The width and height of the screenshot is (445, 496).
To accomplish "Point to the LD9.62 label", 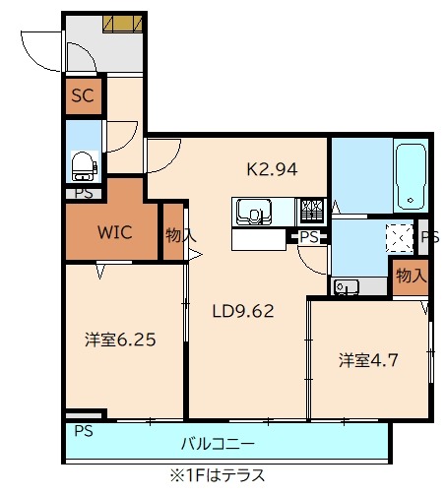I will [x=243, y=312].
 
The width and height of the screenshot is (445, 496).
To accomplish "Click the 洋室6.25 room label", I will [x=118, y=340].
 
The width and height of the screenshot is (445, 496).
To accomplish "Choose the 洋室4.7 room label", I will [x=367, y=360].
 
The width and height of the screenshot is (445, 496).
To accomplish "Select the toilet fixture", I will [x=83, y=164].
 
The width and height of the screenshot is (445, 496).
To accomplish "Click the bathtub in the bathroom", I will [x=409, y=175].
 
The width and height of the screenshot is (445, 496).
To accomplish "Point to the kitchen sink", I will [x=251, y=211].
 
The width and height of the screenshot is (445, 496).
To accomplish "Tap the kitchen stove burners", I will [x=311, y=211].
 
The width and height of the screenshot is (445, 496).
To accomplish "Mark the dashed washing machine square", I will [x=398, y=236].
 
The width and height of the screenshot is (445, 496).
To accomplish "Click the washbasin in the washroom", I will [x=346, y=286].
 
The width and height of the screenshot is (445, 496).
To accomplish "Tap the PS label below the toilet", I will [x=84, y=193].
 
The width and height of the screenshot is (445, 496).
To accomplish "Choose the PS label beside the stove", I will [x=309, y=237].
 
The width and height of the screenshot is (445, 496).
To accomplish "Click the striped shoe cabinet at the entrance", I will [x=122, y=24].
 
